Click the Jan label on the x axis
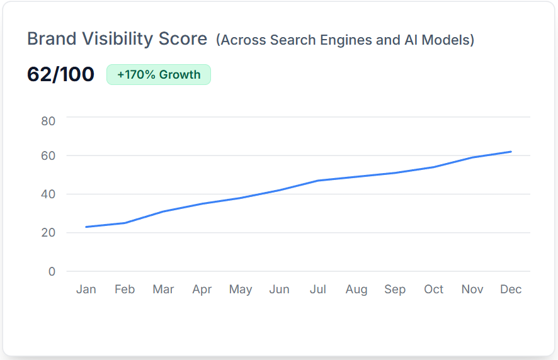pyautogui.click(x=86, y=290)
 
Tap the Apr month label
pyautogui.click(x=202, y=290)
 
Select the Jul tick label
pyautogui.click(x=318, y=290)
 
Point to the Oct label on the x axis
pyautogui.click(x=434, y=290)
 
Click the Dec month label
pyautogui.click(x=511, y=290)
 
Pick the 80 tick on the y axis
pyautogui.click(x=48, y=121)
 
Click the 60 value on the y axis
pyautogui.click(x=48, y=156)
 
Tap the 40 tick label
pyautogui.click(x=48, y=194)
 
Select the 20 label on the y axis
pyautogui.click(x=48, y=233)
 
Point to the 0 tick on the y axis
pyautogui.click(x=52, y=272)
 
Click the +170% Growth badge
pyautogui.click(x=159, y=74)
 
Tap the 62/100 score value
pyautogui.click(x=60, y=74)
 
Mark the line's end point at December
pyautogui.click(x=511, y=152)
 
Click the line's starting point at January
pyautogui.click(x=86, y=227)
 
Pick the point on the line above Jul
pyautogui.click(x=318, y=181)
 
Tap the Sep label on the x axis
pyautogui.click(x=395, y=290)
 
